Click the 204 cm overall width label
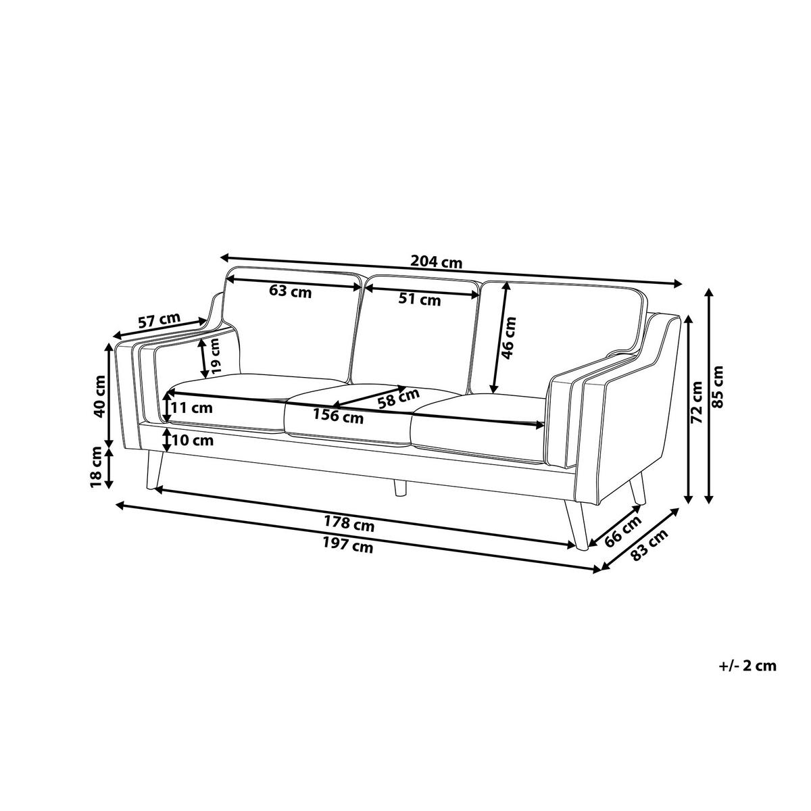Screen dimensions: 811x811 click(436, 263)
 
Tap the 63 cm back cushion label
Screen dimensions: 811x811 click(291, 291)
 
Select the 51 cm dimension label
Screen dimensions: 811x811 click(420, 299)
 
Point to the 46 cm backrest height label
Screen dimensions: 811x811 click(508, 338)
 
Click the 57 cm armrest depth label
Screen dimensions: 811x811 click(159, 321)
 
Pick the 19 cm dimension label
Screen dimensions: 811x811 click(215, 356)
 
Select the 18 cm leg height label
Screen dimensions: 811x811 click(96, 467)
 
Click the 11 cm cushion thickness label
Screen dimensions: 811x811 click(191, 408)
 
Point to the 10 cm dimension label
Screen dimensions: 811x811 click(192, 441)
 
